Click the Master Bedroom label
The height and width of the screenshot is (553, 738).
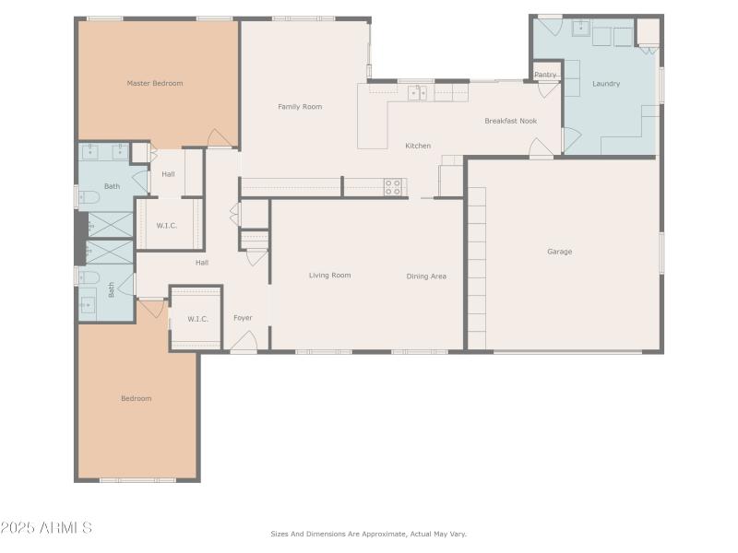(154, 84)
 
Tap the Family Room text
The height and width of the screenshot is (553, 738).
(300, 107)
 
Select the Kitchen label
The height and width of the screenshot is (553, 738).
(418, 146)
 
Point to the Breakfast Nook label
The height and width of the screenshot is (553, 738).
(510, 121)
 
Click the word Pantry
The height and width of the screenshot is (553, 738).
(545, 75)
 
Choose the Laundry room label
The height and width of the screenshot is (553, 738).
(606, 84)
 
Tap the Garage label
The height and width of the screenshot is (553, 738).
(559, 252)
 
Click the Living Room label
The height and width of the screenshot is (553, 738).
(329, 276)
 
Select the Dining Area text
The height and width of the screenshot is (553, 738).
(426, 276)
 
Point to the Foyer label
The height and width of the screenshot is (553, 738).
(243, 318)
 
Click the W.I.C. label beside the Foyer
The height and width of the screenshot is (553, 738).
(197, 319)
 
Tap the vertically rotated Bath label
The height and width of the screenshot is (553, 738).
(112, 289)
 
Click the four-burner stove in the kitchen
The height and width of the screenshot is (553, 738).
(393, 187)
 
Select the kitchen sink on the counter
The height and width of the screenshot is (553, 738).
(418, 92)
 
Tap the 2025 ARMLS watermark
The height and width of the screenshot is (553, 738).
(46, 528)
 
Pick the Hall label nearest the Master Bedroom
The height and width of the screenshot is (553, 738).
(168, 174)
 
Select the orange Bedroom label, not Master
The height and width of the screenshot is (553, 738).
(136, 398)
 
